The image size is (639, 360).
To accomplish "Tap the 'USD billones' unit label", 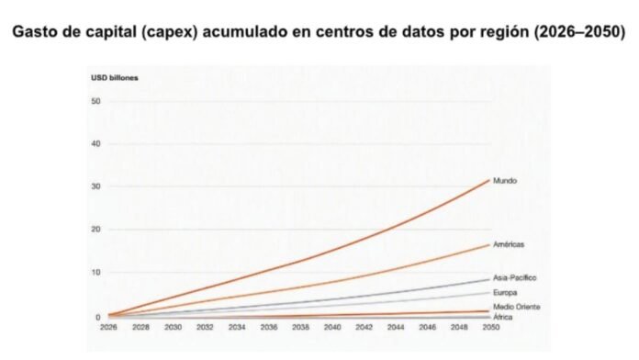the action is [x=115, y=78].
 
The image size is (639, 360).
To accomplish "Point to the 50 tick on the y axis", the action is [x=96, y=101].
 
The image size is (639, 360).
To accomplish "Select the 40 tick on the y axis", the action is [x=96, y=144].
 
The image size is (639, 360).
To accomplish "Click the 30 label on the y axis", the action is [x=96, y=186].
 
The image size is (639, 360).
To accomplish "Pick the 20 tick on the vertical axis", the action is [x=96, y=230].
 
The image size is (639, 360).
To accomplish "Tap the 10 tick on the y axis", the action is [x=96, y=273].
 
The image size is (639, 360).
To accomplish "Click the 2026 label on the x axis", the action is [x=108, y=327].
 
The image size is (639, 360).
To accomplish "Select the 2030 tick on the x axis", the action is [x=173, y=327].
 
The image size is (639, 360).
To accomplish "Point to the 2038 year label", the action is [x=300, y=327].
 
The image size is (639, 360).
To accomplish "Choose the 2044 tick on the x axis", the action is [x=396, y=327].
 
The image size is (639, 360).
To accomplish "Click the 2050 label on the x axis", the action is [x=491, y=327].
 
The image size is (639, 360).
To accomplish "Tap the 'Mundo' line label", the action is [x=505, y=181].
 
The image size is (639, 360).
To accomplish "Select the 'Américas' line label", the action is [x=509, y=244].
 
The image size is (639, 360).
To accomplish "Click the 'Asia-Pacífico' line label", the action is [x=515, y=277].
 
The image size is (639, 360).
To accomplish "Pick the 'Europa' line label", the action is [x=505, y=292].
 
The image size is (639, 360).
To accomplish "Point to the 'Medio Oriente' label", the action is [x=517, y=307].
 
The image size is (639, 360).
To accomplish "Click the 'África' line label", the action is [x=502, y=317].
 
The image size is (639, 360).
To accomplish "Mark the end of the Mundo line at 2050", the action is [x=489, y=180].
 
